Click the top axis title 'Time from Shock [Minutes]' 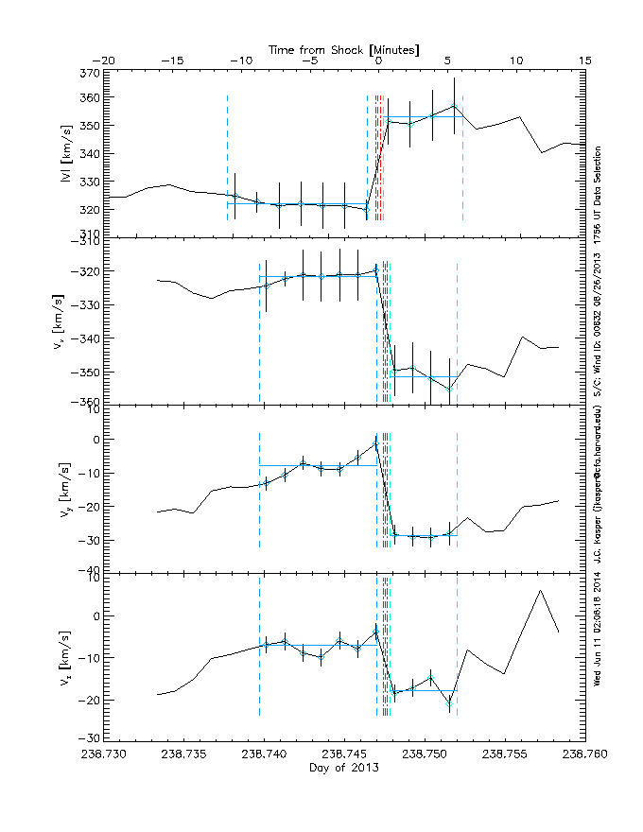point(344,48)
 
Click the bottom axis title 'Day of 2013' point(344,768)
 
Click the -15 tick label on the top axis point(171,61)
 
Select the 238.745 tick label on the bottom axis point(344,754)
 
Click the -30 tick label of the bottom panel point(88,737)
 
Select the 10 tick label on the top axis point(516,61)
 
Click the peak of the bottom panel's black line point(540,591)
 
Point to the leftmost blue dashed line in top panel point(227,161)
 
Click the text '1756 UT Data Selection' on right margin point(598,194)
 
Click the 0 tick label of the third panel point(95,440)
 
